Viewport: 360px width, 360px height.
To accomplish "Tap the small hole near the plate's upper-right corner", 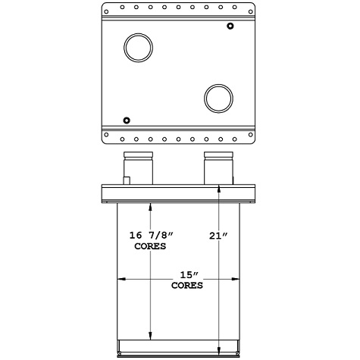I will point(230,27).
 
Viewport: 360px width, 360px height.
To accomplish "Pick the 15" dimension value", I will point(185,276).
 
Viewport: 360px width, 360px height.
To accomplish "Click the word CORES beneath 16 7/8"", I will point(150,247).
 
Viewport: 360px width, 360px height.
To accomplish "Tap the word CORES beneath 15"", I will point(186,286).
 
